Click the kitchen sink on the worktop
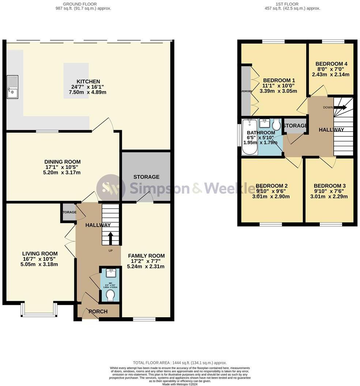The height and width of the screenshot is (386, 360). [12, 87]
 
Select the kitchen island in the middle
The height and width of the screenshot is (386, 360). [76, 80]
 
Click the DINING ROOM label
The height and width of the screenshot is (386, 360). [62, 162]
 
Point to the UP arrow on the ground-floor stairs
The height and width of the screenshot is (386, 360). [110, 239]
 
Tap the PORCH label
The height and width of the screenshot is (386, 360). [98, 311]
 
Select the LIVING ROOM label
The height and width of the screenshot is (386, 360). [40, 254]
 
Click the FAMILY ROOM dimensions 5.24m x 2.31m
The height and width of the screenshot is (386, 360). [146, 266]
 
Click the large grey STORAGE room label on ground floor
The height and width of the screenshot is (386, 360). [146, 177]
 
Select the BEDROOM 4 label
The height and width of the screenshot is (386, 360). [331, 64]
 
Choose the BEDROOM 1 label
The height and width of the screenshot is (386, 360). [279, 80]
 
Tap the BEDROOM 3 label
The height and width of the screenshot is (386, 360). [330, 186]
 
